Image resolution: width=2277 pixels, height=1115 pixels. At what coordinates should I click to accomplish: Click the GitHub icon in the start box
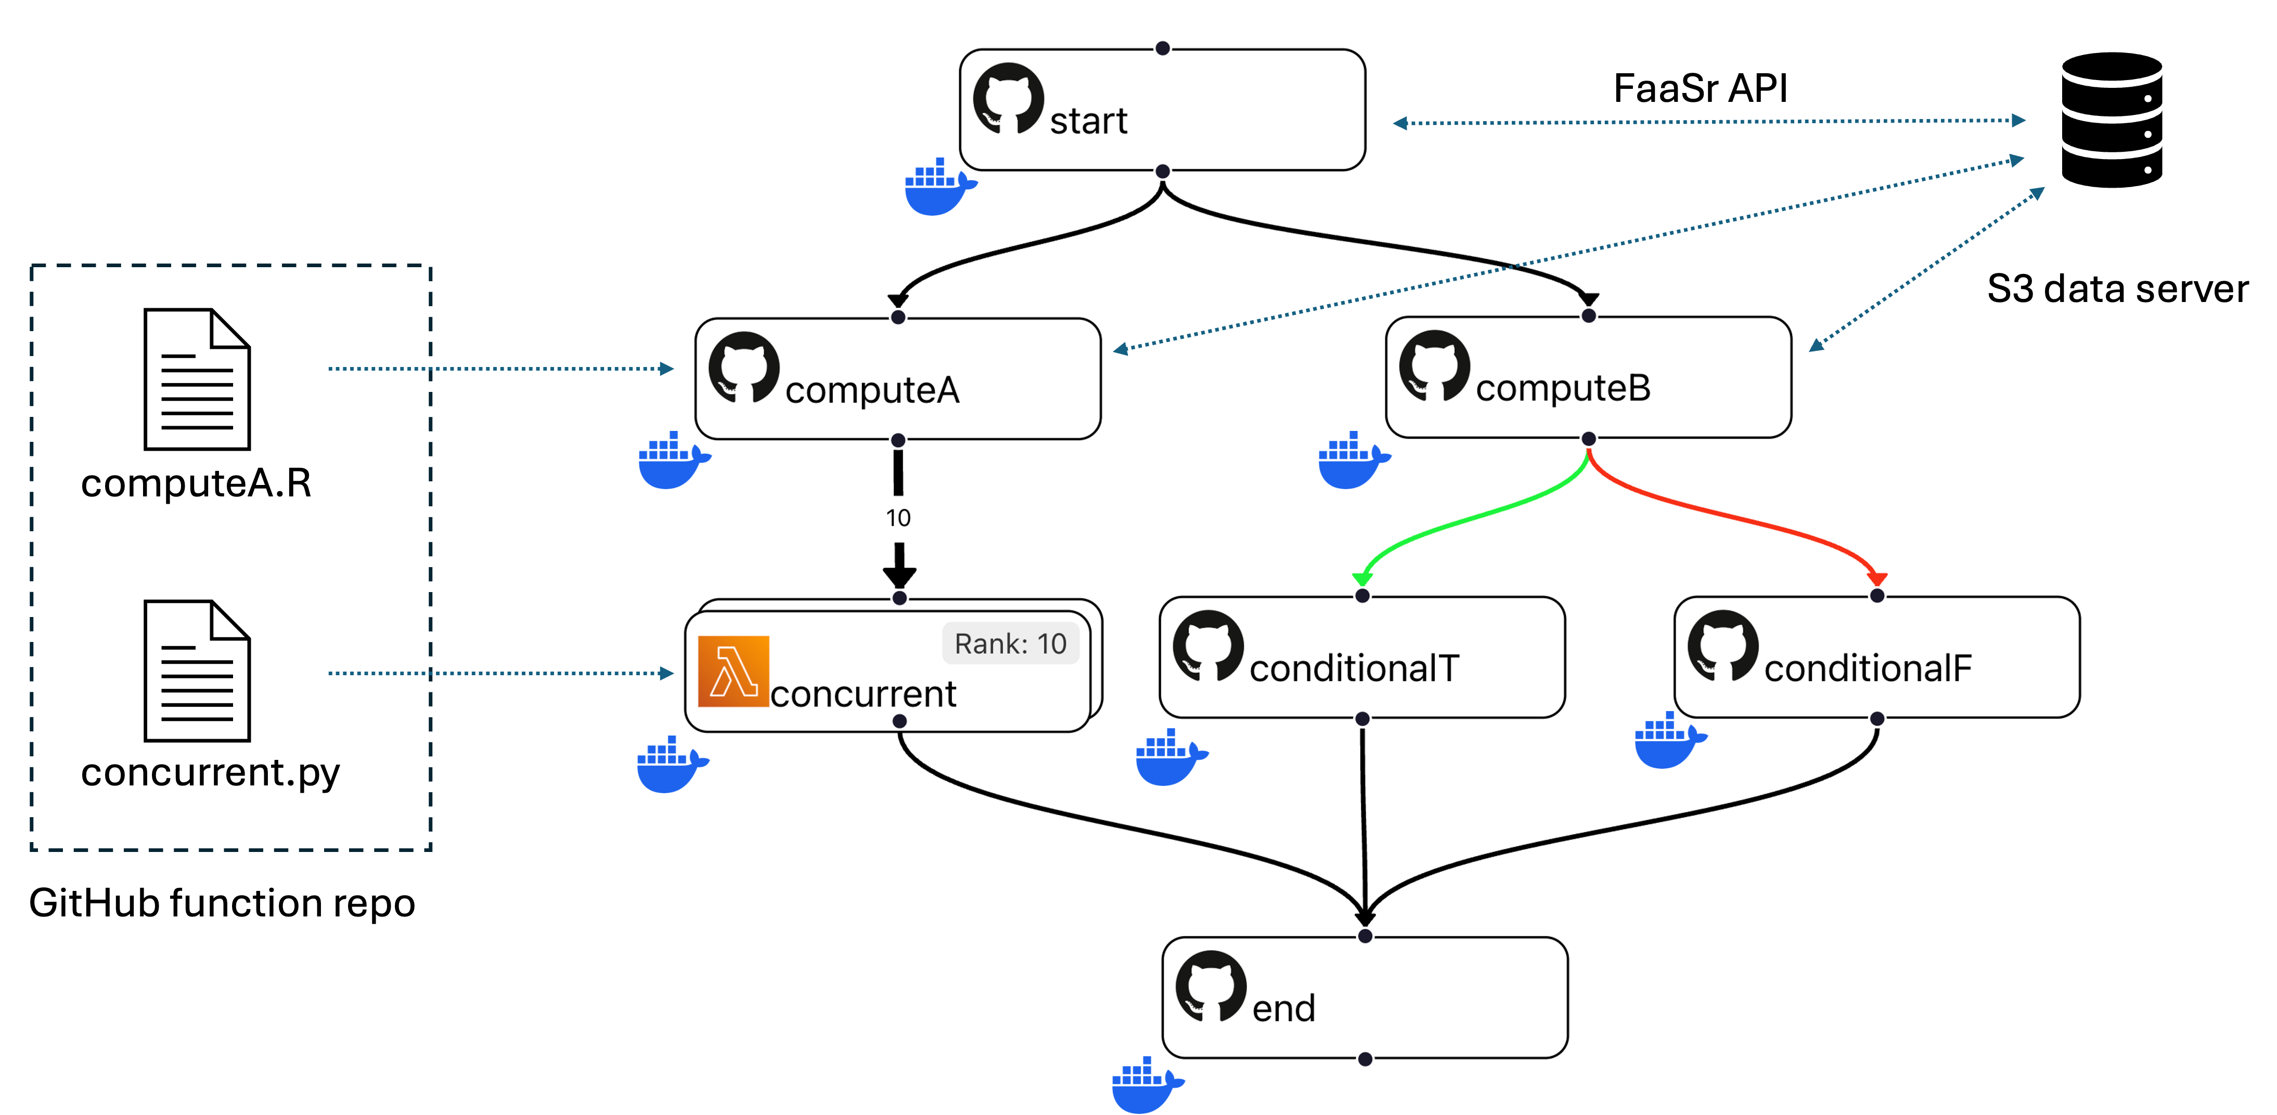click(x=1008, y=98)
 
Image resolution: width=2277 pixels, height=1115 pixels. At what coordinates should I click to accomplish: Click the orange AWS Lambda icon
click(x=733, y=672)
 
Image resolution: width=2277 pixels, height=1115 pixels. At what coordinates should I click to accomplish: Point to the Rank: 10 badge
click(x=1010, y=643)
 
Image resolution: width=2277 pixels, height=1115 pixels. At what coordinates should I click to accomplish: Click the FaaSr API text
click(x=1700, y=88)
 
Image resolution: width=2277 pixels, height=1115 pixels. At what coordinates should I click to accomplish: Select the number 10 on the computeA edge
click(x=898, y=518)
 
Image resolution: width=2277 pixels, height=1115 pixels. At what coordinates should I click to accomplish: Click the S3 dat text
click(x=2043, y=289)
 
